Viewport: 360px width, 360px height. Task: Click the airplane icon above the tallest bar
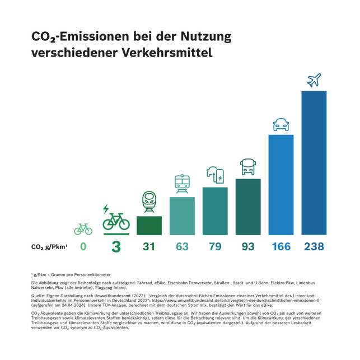tap(314, 80)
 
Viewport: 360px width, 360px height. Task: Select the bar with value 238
tap(314, 162)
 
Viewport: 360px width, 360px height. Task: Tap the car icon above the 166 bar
tap(281, 125)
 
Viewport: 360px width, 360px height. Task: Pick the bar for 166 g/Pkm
tap(281, 185)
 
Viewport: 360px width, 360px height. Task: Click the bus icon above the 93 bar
tap(248, 167)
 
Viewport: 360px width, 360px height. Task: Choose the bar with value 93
tap(248, 207)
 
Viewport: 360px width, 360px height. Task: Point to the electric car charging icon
tap(215, 175)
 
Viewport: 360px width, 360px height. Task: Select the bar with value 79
tap(215, 211)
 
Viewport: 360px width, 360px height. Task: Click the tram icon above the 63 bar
tap(182, 184)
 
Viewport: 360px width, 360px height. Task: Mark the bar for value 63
tap(182, 216)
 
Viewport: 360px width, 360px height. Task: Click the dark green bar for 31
tap(149, 225)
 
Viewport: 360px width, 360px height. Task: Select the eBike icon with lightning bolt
tap(115, 219)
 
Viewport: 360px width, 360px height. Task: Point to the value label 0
tap(83, 246)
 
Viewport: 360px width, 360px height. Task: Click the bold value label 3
tap(116, 247)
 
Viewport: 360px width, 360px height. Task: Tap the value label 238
tap(314, 246)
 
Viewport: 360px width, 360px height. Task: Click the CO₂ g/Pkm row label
tap(50, 247)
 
